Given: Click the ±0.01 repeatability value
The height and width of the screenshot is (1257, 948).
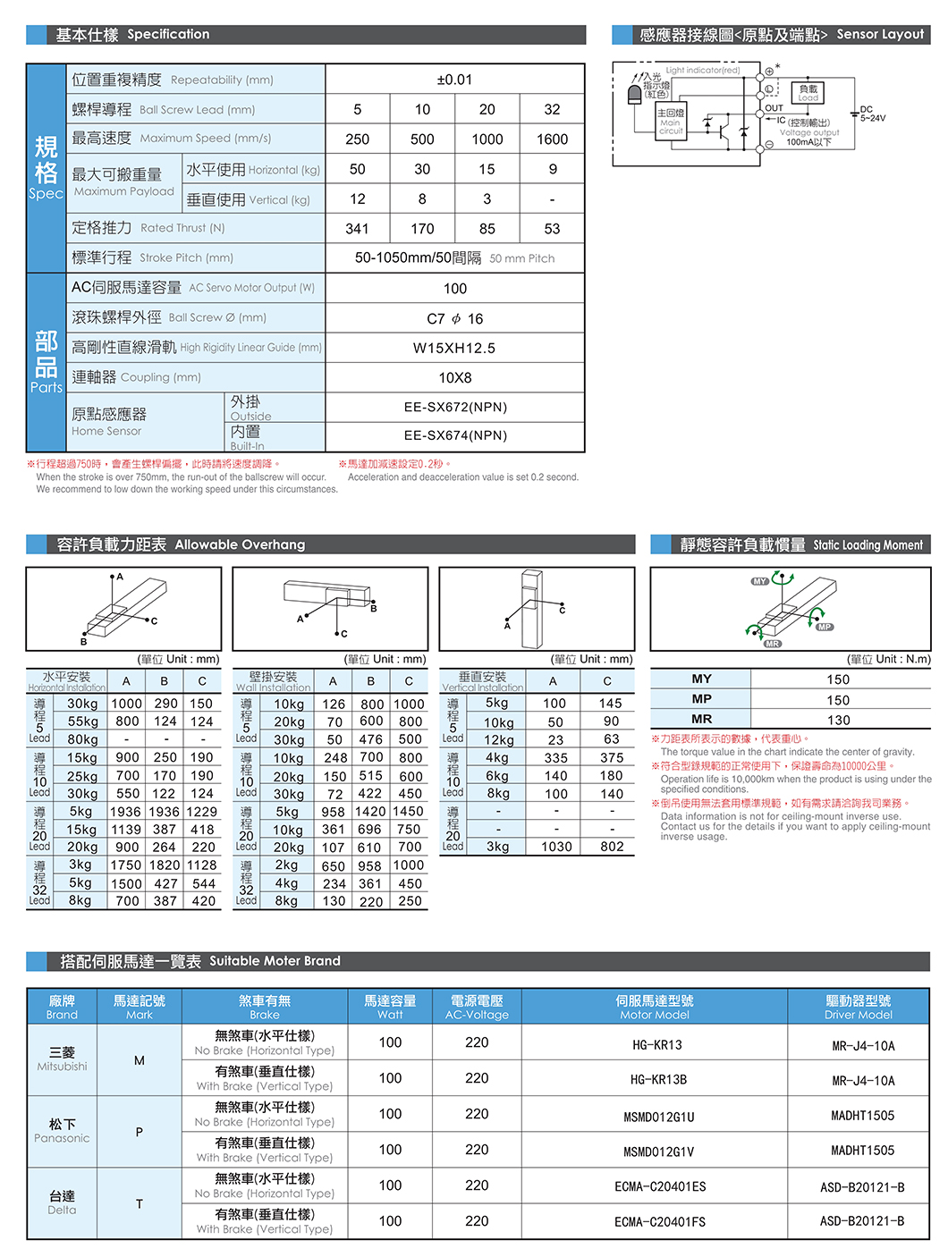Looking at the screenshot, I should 454,80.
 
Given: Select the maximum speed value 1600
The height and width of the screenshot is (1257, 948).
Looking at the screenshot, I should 552,139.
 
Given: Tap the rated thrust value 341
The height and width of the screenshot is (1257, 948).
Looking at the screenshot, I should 357,229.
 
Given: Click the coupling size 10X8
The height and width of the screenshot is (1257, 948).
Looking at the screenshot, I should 454,377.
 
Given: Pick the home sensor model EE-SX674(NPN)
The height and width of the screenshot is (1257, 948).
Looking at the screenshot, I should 454,435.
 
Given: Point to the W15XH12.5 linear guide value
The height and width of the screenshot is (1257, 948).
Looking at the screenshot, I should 454,348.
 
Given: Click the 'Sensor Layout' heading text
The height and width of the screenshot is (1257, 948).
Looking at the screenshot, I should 879,34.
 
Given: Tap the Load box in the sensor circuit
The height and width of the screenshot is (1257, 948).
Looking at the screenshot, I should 808,92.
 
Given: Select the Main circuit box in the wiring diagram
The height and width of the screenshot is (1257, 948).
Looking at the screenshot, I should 671,122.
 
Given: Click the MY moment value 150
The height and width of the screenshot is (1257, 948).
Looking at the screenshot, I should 838,679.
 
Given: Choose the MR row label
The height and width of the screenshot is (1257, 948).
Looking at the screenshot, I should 701,719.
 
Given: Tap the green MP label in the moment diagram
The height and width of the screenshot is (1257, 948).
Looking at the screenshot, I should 825,627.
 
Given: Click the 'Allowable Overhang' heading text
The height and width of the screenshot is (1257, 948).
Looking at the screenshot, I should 240,544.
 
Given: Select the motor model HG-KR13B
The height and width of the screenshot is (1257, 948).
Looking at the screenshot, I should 658,1079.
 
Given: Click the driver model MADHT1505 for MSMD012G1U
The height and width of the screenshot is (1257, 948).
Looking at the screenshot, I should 862,1116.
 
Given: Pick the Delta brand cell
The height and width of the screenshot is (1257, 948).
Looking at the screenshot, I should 62,1202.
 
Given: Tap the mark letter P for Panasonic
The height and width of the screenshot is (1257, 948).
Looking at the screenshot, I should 140,1132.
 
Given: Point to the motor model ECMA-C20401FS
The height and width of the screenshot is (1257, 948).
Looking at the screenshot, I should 659,1221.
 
